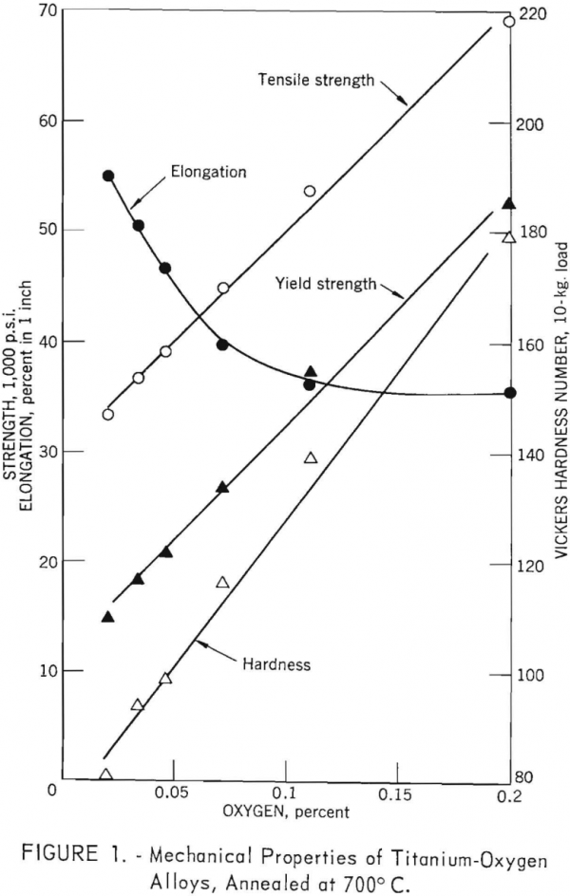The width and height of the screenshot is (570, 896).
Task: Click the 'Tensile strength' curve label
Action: tap(316, 80)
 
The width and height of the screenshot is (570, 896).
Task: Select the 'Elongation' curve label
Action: tap(208, 172)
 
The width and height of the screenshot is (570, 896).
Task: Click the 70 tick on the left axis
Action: tap(46, 11)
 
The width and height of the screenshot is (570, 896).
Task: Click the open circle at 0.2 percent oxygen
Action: tap(509, 22)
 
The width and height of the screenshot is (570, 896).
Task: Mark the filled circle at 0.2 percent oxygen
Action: tap(510, 393)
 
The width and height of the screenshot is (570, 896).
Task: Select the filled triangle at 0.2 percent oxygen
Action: tap(509, 203)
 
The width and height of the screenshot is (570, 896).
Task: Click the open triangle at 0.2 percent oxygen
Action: tap(509, 237)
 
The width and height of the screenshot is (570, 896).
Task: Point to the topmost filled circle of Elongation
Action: tap(108, 176)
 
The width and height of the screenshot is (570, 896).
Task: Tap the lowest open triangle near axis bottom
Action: tap(105, 775)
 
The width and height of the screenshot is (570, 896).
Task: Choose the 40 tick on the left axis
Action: tap(46, 341)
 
